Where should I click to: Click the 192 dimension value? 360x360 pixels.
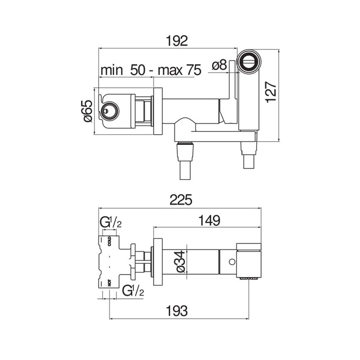177,41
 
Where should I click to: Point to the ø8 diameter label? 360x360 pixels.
219,65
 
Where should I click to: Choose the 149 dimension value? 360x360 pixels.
209,220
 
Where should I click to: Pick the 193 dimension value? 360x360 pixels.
177,311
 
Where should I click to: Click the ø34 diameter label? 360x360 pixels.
180,261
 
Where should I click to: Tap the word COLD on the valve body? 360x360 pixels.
110,241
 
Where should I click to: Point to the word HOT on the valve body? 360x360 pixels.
110,283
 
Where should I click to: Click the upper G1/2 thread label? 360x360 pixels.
111,222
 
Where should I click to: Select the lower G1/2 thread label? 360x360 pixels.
133,290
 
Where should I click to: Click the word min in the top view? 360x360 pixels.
112,70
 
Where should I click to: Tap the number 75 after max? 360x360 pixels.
194,70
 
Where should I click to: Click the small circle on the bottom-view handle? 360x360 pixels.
232,261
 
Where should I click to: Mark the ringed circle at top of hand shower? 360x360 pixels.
249,61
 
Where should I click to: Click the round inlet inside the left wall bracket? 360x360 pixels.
110,111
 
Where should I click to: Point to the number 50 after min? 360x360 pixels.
138,70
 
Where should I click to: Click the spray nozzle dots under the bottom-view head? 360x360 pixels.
249,279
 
